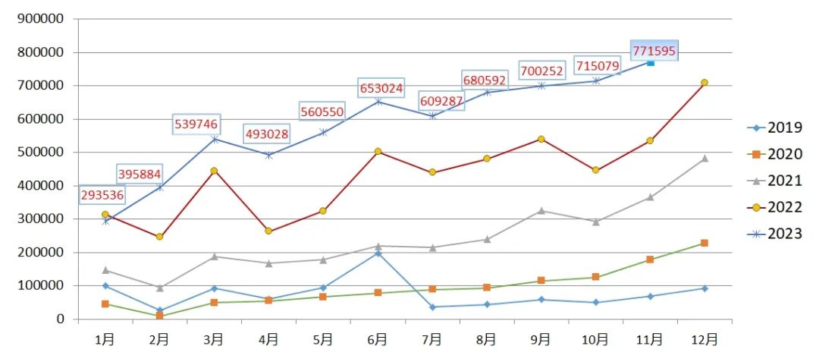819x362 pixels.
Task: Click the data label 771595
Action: [x=654, y=51]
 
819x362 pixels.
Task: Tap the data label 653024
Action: [x=381, y=87]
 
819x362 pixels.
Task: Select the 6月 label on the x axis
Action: [x=377, y=339]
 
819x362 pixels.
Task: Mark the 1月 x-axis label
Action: [x=105, y=339]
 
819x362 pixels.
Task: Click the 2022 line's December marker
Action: [x=704, y=82]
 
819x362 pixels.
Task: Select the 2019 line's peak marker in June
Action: [x=378, y=253]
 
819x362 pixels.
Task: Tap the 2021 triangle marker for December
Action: [x=704, y=158]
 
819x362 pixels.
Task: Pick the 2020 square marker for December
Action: [x=704, y=243]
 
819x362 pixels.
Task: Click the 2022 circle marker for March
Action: [x=214, y=171]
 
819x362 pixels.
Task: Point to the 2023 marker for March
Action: [x=214, y=139]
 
